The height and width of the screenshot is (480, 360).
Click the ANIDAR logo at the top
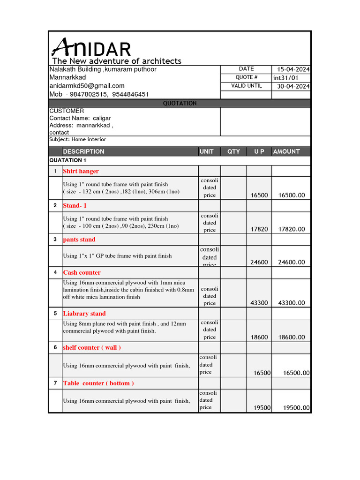click(x=91, y=48)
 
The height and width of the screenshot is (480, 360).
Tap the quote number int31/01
click(x=285, y=78)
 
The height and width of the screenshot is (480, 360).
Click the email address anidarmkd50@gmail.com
click(x=87, y=86)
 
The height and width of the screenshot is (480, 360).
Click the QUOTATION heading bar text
click(x=180, y=103)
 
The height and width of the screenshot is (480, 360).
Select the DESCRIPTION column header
click(x=84, y=151)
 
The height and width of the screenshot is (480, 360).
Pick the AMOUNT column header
click(x=286, y=151)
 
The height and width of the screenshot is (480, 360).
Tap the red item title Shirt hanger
click(x=81, y=171)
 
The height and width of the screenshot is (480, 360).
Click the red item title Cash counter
click(x=82, y=272)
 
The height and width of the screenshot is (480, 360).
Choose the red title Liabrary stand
click(x=84, y=314)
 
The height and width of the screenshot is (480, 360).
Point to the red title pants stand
click(x=79, y=240)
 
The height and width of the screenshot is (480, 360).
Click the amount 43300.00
click(x=292, y=303)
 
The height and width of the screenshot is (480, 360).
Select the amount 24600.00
click(x=292, y=262)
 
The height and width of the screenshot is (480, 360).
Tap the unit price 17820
click(x=259, y=229)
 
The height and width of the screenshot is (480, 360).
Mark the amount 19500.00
click(x=297, y=408)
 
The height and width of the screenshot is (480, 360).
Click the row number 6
click(x=55, y=347)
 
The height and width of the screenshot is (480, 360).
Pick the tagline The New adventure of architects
click(x=117, y=61)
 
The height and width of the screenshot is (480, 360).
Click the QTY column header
click(x=233, y=151)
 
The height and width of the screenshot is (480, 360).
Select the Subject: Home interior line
click(x=78, y=139)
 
